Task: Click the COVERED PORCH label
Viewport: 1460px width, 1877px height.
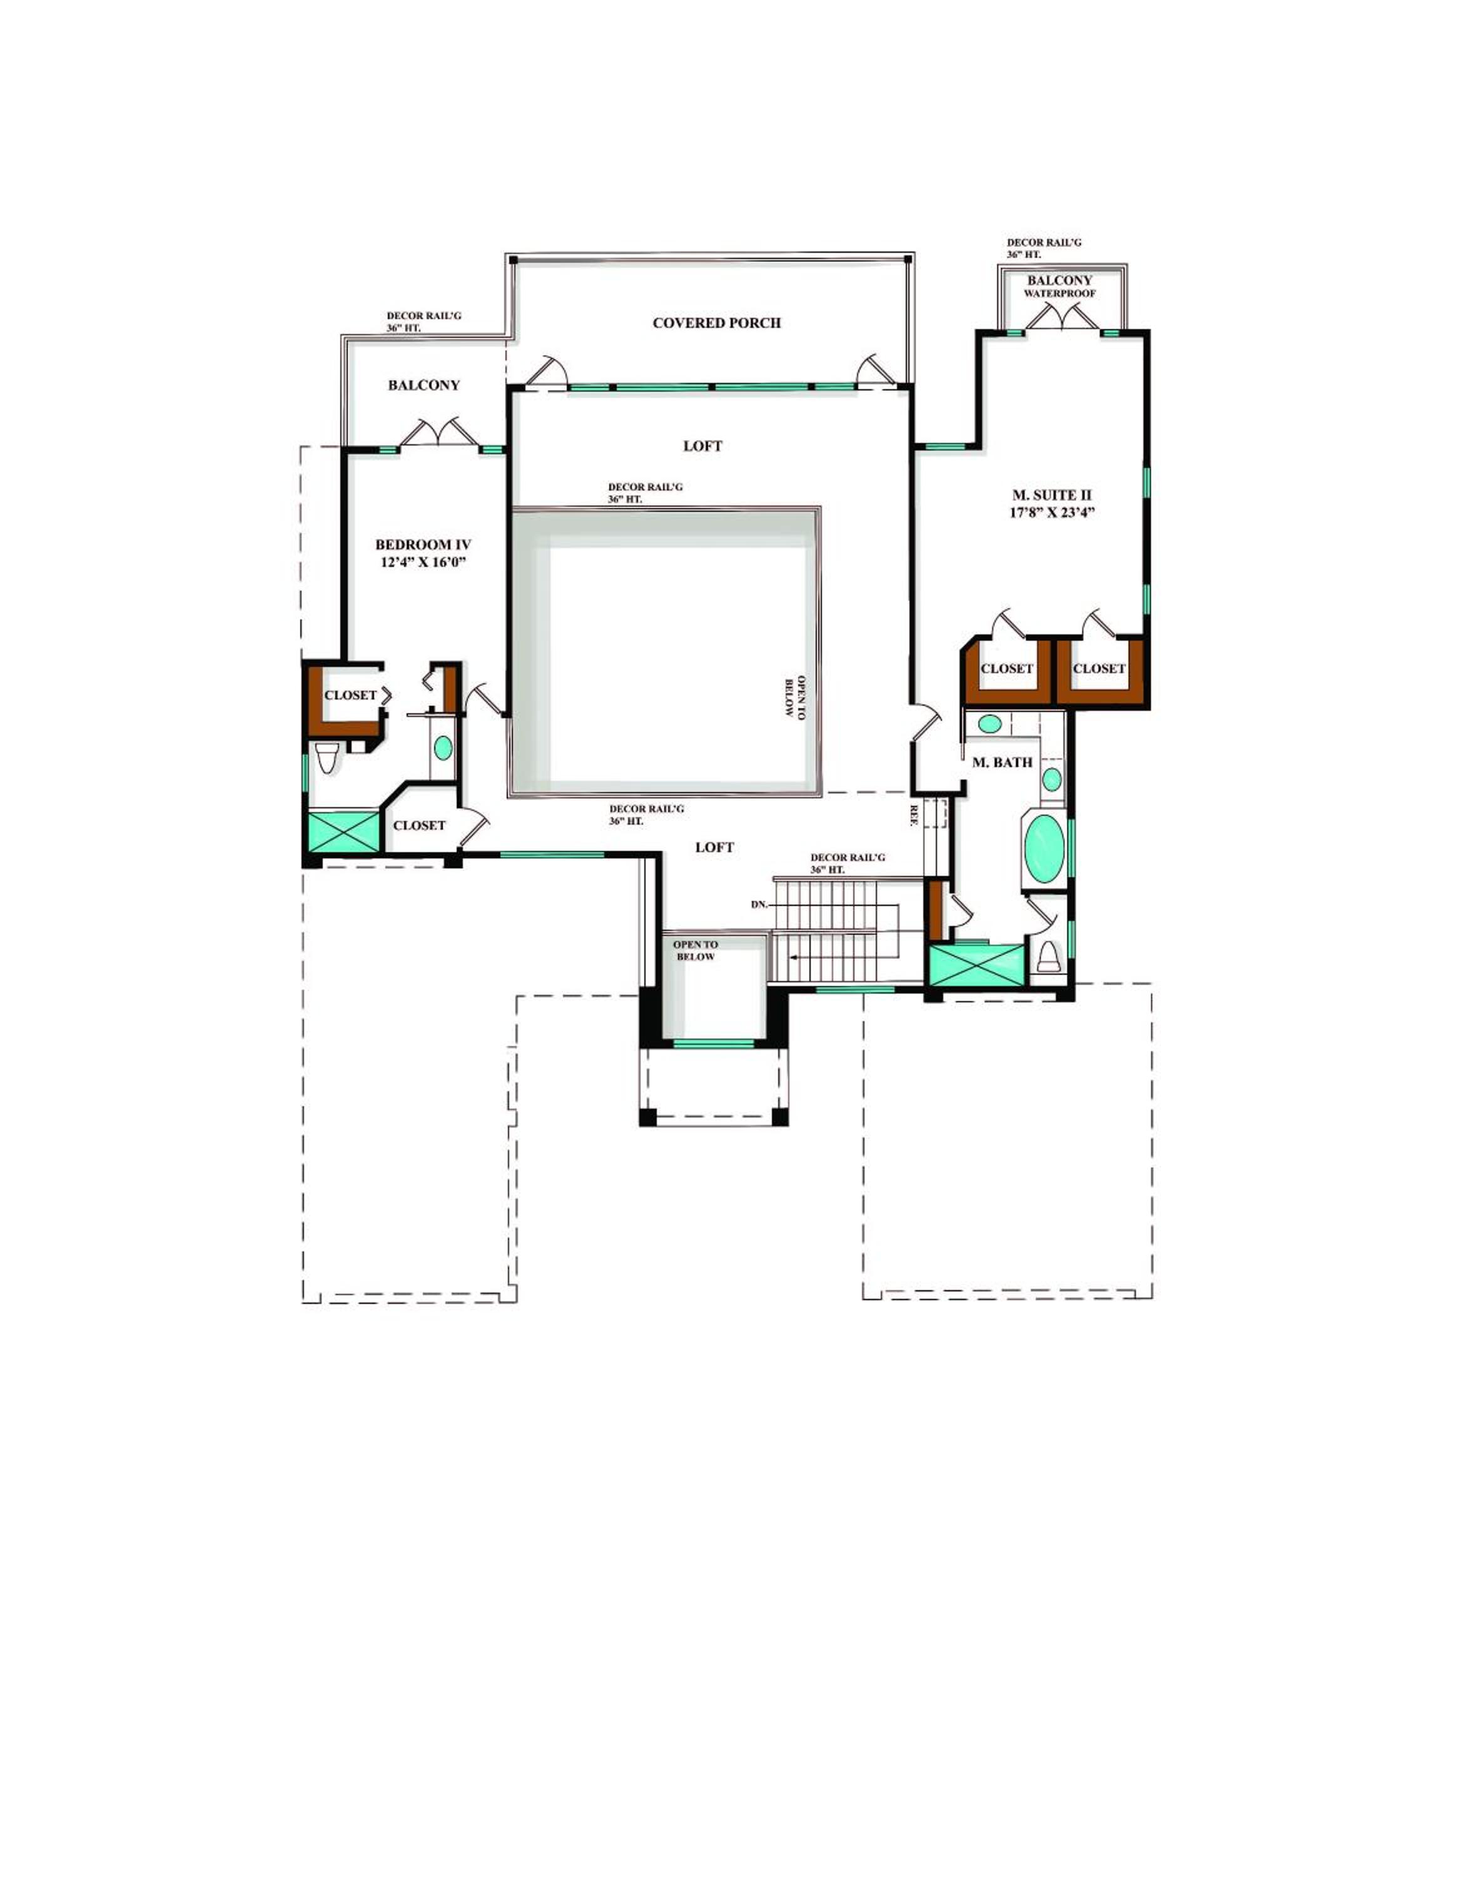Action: pyautogui.click(x=717, y=323)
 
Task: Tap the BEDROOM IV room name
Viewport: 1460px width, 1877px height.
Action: pyautogui.click(x=423, y=545)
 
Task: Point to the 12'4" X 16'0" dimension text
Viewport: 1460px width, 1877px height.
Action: pyautogui.click(x=423, y=563)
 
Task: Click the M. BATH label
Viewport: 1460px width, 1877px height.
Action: pyautogui.click(x=1002, y=762)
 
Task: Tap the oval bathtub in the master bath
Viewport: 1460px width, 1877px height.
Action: pyautogui.click(x=1043, y=848)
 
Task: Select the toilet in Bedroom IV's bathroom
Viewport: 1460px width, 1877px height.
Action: pyautogui.click(x=327, y=758)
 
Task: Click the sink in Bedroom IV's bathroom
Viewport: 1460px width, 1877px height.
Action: pyautogui.click(x=442, y=748)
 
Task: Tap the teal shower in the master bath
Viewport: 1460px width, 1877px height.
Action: pyautogui.click(x=977, y=966)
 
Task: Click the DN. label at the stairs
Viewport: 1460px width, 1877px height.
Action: pyautogui.click(x=759, y=905)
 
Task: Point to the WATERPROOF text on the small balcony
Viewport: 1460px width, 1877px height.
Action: pyautogui.click(x=1060, y=294)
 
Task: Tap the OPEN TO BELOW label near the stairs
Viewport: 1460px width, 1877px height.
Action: pyautogui.click(x=695, y=950)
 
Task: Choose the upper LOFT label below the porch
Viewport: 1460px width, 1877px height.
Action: pyautogui.click(x=703, y=446)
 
